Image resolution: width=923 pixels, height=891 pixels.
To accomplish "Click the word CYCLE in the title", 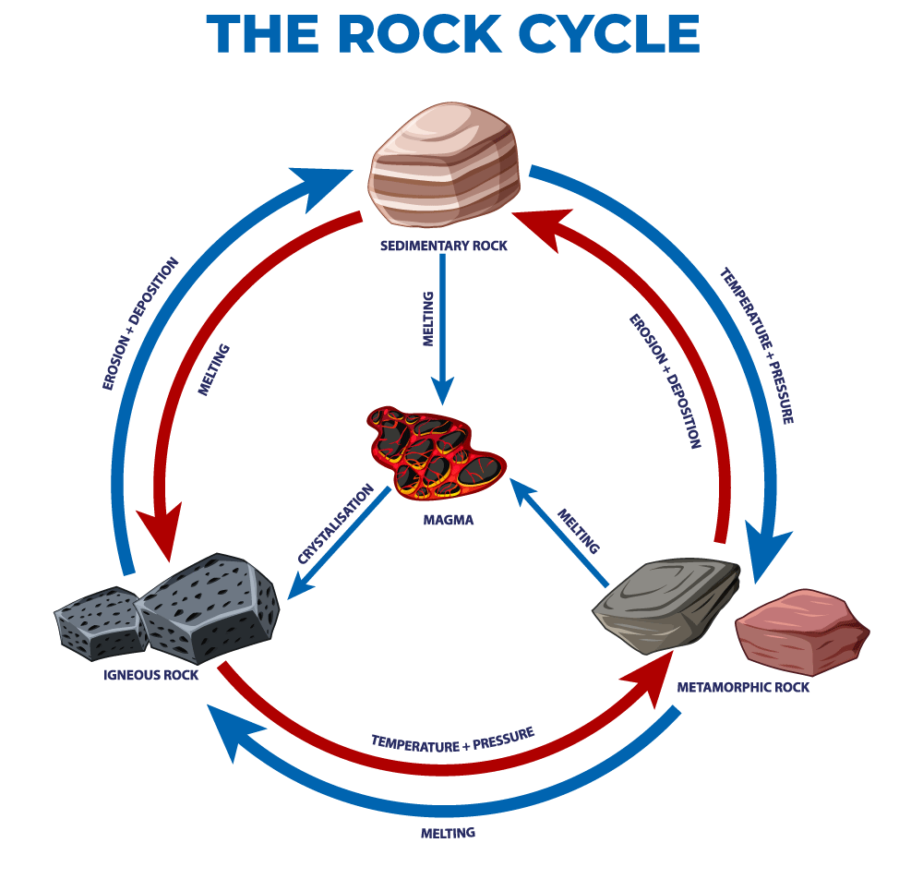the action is (609, 34).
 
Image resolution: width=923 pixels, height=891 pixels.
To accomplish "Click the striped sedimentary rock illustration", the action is (445, 165).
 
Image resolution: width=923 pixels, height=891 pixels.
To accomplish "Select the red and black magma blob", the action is (435, 452).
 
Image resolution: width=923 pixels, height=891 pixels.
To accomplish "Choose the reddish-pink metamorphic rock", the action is (802, 632).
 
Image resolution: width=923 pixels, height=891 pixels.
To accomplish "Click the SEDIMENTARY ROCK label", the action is (443, 246).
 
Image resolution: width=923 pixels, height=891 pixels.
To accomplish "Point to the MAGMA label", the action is (448, 520).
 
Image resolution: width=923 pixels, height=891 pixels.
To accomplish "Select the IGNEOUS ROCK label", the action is (150, 675).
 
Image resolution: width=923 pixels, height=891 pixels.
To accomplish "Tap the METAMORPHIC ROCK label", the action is (743, 687).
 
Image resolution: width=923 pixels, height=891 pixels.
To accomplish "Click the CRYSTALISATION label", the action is (336, 523).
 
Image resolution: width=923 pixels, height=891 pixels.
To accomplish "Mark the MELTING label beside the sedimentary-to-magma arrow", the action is (428, 319).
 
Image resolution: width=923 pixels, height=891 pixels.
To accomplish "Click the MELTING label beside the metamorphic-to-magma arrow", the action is (579, 531).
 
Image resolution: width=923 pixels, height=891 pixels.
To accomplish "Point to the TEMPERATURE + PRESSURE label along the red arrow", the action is (452, 740).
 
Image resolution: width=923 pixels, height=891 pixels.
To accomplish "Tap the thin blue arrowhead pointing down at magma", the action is (443, 390).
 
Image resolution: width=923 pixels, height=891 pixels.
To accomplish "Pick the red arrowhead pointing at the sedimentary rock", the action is (545, 228).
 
